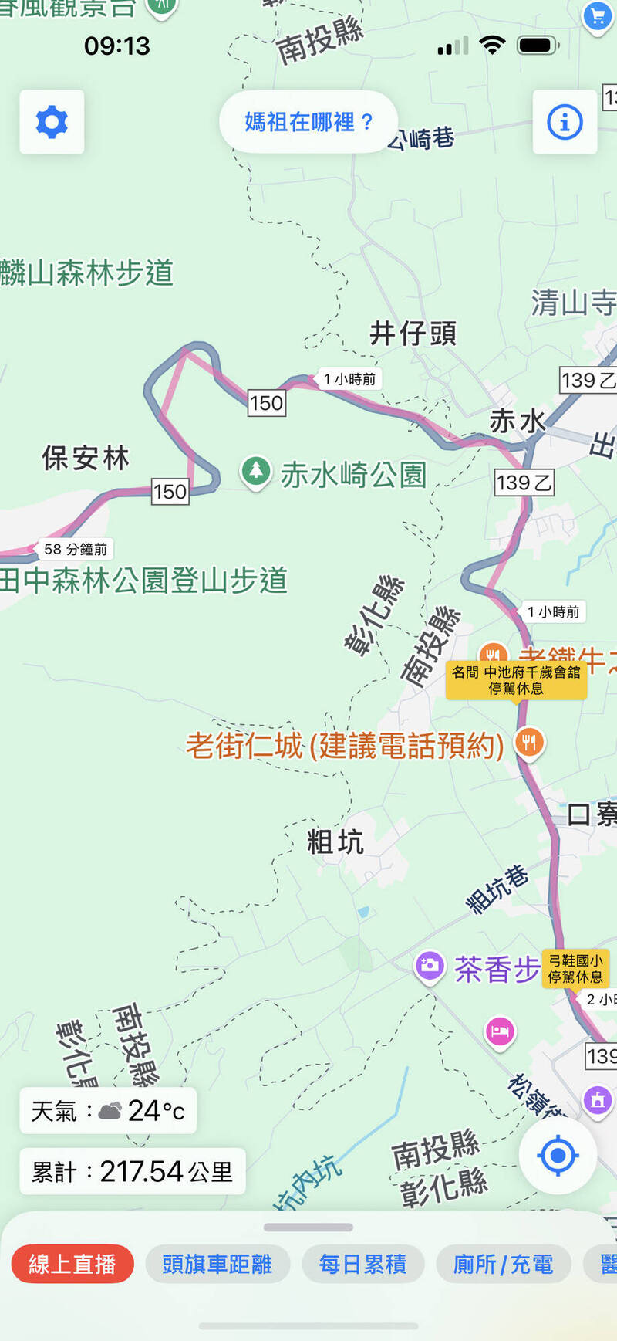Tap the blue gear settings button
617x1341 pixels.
pos(52,122)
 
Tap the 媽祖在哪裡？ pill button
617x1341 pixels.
pos(308,121)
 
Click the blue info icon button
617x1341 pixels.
pos(565,122)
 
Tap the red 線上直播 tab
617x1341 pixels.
pos(72,1264)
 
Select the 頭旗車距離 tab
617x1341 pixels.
pos(217,1264)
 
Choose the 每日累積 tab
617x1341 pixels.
pos(362,1264)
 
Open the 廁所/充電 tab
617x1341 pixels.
pos(503,1264)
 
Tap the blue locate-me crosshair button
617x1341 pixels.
pos(558,1156)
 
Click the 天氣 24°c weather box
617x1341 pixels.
pos(108,1111)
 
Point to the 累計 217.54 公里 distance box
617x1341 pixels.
pos(132,1171)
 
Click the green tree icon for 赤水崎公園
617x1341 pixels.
pos(255,471)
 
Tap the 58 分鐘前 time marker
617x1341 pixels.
pos(75,549)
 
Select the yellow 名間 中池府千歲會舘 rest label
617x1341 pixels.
pos(516,680)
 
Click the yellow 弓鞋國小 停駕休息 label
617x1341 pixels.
pos(575,968)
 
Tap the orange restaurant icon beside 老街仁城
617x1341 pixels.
pos(528,743)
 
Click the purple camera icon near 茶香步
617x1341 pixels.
pos(430,966)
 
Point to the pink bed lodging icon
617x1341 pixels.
pos(500,1031)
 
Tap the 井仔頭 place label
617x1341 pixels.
pos(413,334)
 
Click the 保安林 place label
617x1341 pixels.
pos(86,458)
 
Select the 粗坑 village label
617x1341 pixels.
pos(335,842)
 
